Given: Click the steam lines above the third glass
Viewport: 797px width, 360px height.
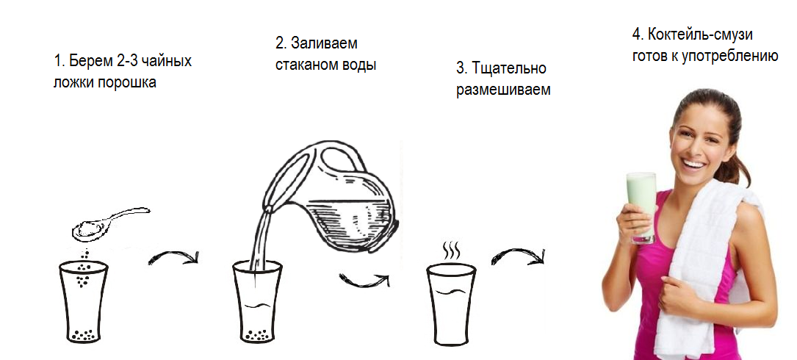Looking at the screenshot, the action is click(x=451, y=250).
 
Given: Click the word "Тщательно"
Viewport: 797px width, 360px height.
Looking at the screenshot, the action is click(x=509, y=68).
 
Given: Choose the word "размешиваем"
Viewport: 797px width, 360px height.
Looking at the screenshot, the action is click(x=503, y=90).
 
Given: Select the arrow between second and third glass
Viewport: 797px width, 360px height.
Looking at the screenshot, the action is click(x=364, y=280).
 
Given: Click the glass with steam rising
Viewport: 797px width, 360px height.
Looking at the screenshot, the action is click(x=451, y=303).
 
